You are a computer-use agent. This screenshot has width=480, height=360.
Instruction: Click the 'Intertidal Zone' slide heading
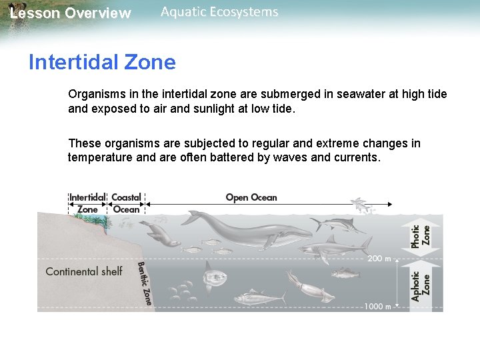pos(102,63)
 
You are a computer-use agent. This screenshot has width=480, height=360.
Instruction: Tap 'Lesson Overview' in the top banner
pos(71,13)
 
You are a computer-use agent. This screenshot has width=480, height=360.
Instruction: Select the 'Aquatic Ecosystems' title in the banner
pos(219,12)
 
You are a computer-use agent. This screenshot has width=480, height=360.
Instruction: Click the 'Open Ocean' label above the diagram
pos(251,197)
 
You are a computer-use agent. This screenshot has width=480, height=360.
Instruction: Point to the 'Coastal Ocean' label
pos(126,203)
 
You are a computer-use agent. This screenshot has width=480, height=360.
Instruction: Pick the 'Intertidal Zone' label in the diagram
pos(87,203)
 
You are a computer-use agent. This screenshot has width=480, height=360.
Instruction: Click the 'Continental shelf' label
pos(84,271)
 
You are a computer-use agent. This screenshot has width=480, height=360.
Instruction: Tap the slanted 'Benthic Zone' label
pos(145,283)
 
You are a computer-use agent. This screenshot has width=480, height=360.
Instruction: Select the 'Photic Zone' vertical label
pos(421,236)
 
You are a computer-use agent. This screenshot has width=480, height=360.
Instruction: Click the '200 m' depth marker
pos(379,258)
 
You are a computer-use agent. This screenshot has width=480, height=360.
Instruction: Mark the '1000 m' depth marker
pos(377,307)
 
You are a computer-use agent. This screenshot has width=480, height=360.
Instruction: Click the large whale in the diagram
pos(247,230)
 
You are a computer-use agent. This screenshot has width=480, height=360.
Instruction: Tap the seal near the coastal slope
pos(160,233)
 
